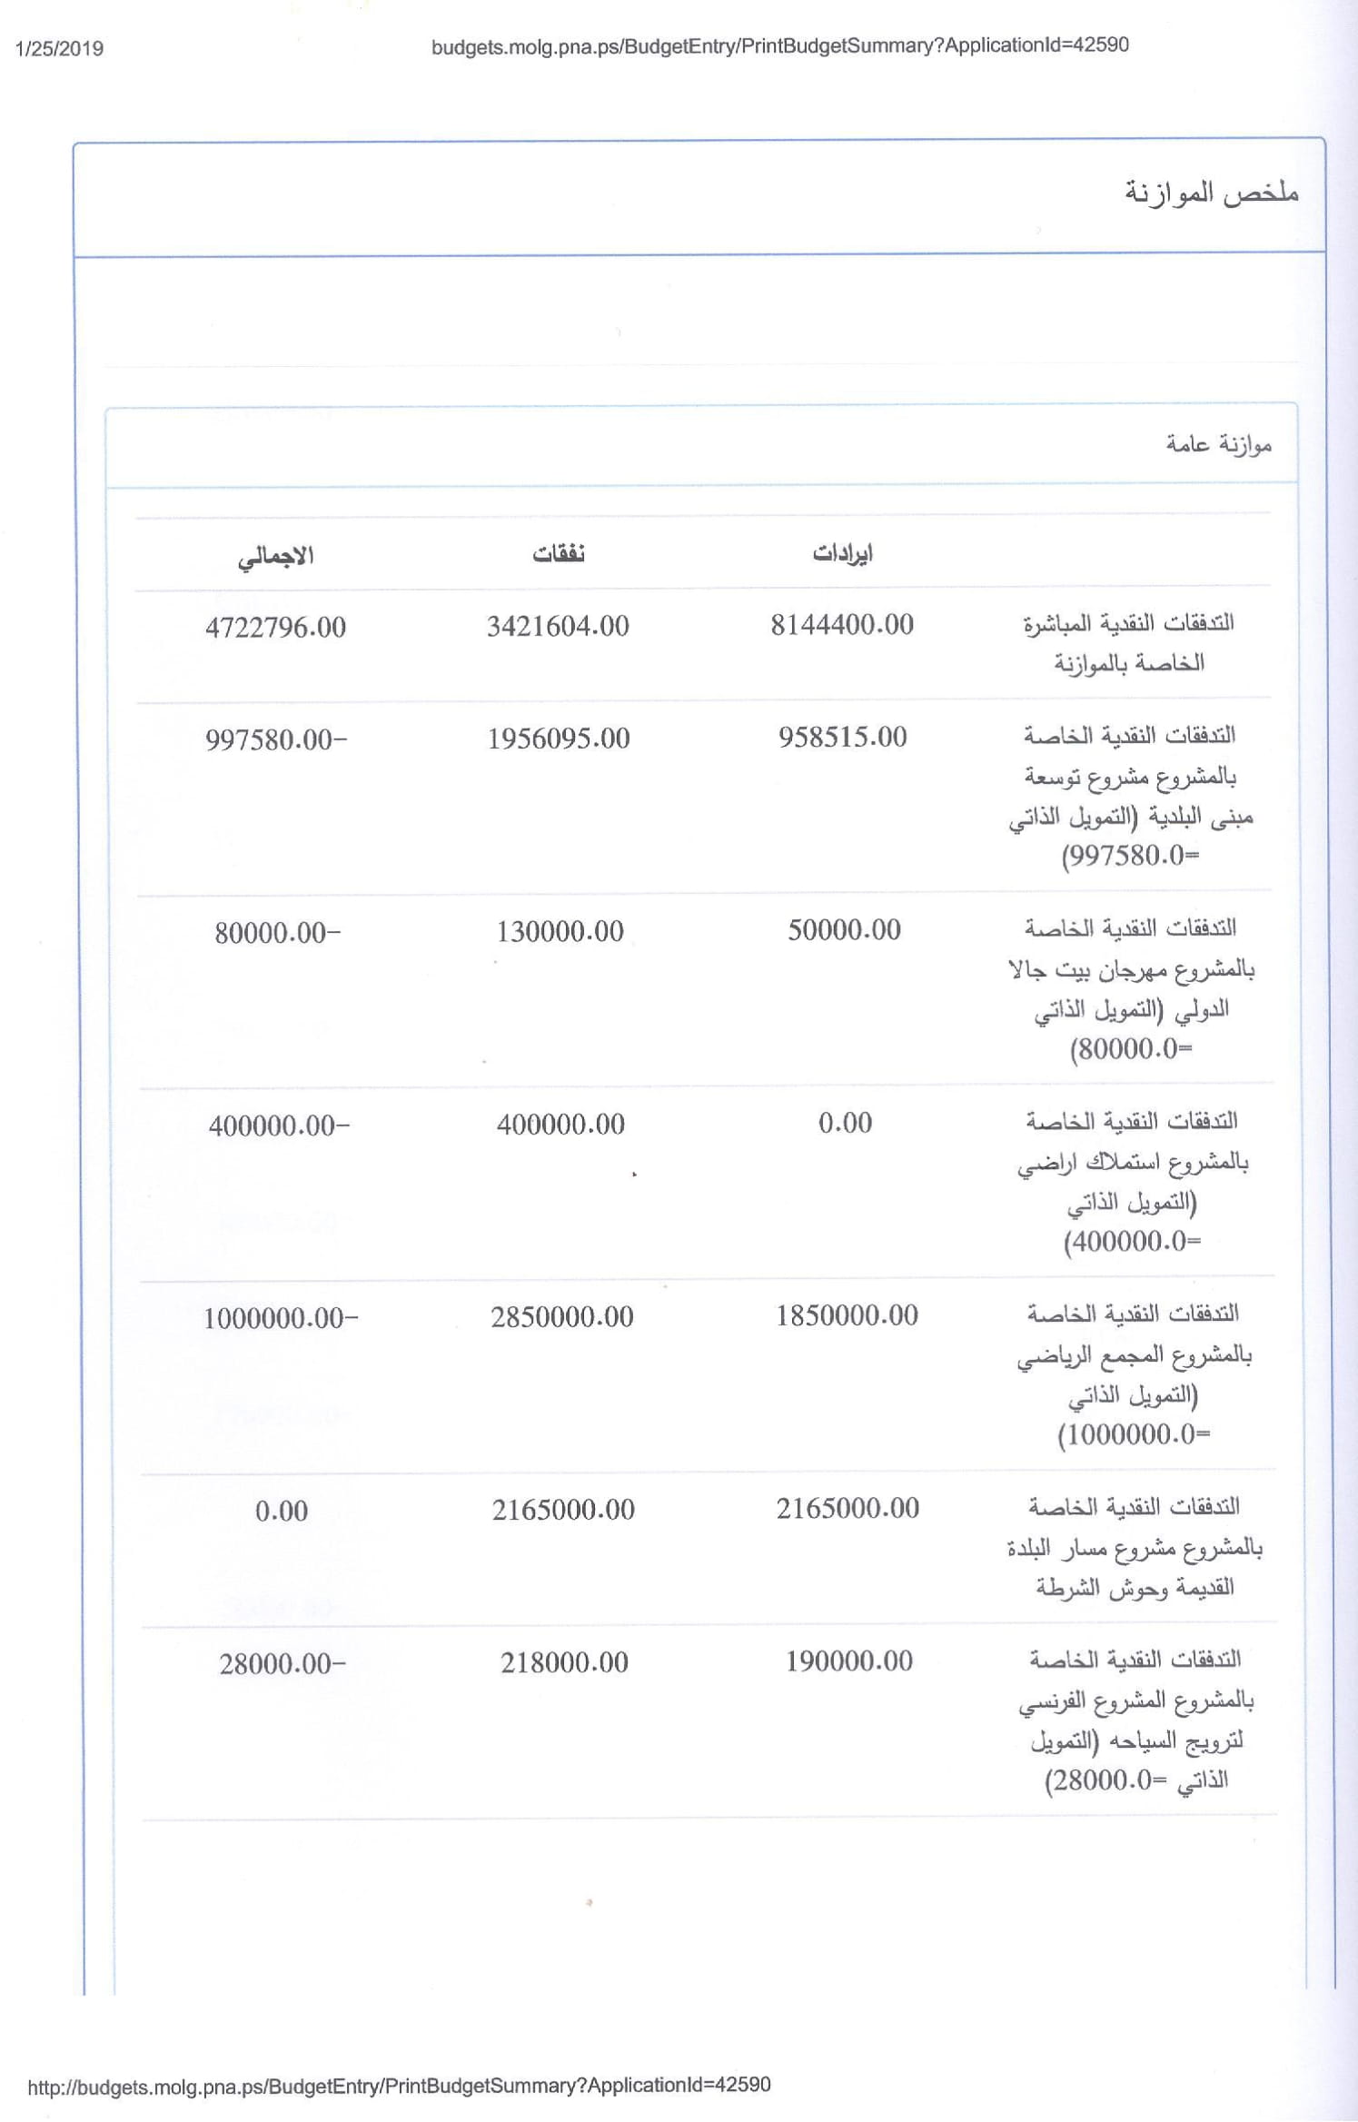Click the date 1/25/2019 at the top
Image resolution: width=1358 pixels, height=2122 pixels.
click(60, 49)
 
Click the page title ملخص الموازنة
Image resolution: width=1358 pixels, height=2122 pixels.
click(1212, 193)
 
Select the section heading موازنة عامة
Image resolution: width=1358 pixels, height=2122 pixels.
click(1219, 444)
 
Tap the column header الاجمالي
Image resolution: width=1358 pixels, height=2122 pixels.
click(275, 556)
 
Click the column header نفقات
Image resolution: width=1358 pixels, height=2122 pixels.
click(559, 553)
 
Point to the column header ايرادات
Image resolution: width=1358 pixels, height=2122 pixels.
click(842, 553)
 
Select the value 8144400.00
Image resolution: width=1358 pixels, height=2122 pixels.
click(842, 625)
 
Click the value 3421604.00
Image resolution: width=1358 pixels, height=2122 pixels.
click(558, 626)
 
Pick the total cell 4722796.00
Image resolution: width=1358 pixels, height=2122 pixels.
click(275, 628)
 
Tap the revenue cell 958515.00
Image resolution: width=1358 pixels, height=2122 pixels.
click(842, 737)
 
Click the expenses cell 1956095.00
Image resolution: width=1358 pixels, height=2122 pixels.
click(559, 739)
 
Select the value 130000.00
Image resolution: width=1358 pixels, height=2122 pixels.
click(560, 931)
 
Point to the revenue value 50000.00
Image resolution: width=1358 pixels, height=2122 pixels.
click(844, 930)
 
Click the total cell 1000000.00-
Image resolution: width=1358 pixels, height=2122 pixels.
click(280, 1318)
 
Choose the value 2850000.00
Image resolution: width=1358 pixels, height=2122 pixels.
click(562, 1317)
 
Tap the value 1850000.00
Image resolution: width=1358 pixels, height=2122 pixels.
click(847, 1315)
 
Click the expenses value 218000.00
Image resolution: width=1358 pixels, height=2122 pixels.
click(564, 1662)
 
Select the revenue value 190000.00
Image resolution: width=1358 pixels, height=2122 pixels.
click(848, 1661)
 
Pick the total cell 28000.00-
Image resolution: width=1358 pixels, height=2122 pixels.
click(282, 1664)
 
